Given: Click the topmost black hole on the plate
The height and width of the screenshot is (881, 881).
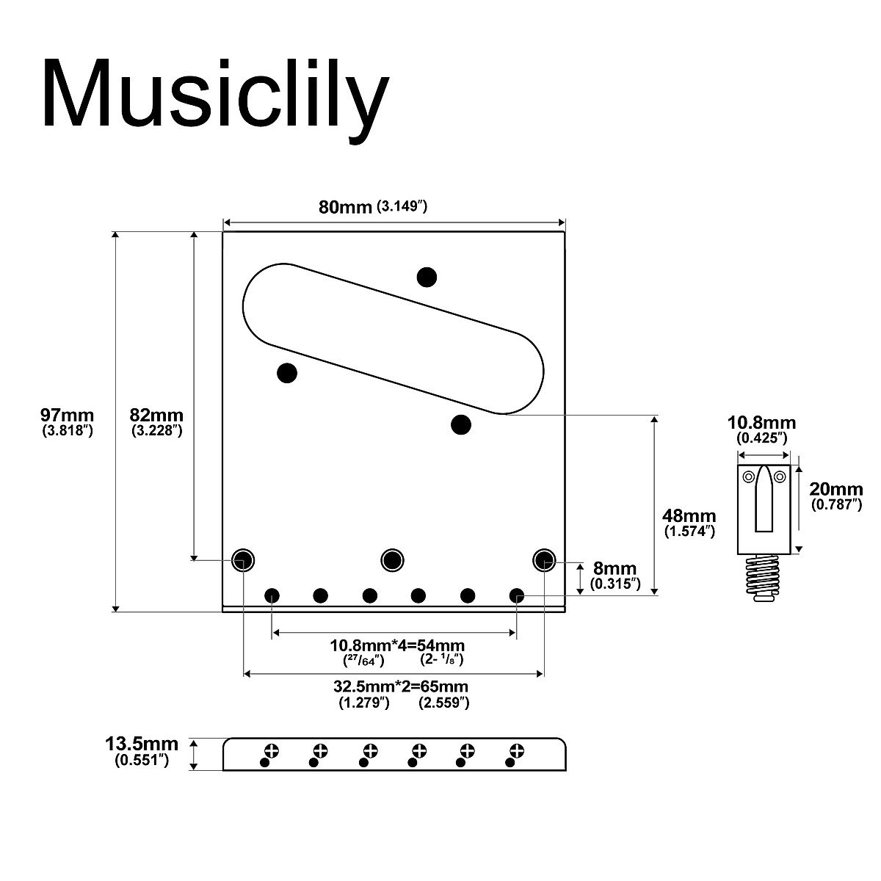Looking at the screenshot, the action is coord(427,277).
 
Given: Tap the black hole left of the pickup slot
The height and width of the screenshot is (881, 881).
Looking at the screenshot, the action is coord(287,373).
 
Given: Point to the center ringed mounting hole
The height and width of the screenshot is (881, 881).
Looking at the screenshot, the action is coord(393,560).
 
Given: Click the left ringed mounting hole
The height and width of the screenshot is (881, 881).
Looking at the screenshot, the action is coord(242,560).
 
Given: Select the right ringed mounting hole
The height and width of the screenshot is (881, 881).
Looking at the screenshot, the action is coord(543,560).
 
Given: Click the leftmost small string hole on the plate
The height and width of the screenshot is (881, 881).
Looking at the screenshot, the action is coord(272,595).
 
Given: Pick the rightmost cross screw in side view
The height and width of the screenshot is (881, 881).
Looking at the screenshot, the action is coord(517,750).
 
